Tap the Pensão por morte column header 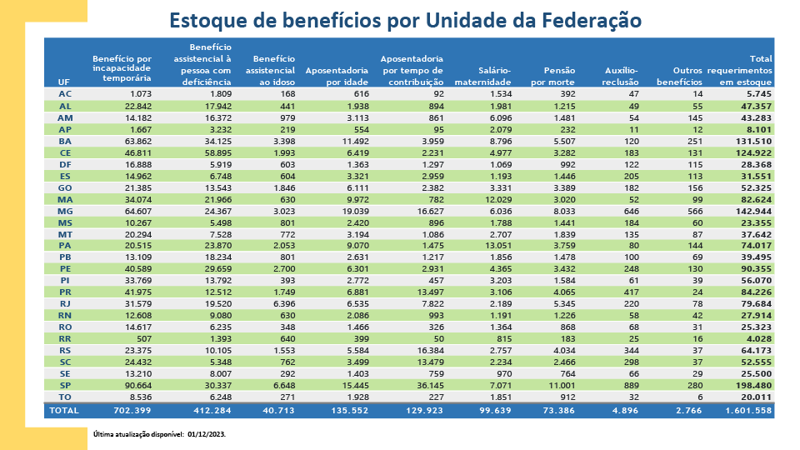[x=553, y=77]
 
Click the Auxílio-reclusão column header [x=621, y=77]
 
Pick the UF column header [x=64, y=82]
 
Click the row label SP [x=65, y=387]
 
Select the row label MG [x=65, y=212]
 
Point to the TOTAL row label [x=64, y=410]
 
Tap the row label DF [x=65, y=165]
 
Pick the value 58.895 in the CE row [x=215, y=153]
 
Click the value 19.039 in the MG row [x=352, y=212]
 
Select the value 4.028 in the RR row [x=758, y=340]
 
